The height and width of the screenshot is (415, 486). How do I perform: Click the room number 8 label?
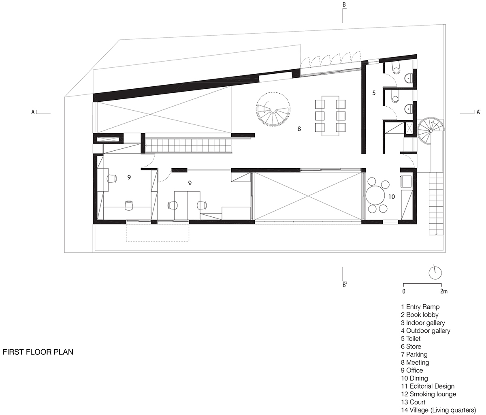click(x=299, y=129)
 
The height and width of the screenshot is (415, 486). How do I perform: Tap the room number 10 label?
click(x=392, y=197)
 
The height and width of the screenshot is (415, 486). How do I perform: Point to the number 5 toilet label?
click(x=374, y=93)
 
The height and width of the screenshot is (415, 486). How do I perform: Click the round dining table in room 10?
click(x=375, y=195)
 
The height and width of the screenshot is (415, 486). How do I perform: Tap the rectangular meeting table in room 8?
click(x=330, y=116)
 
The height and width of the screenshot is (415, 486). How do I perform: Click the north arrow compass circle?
click(x=435, y=273)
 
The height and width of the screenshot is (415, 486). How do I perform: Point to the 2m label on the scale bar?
click(x=444, y=291)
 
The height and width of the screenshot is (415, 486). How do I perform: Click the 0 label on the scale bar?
click(x=404, y=291)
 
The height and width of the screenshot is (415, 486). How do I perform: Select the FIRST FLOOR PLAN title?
click(x=38, y=352)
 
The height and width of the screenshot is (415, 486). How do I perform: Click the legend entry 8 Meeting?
click(x=415, y=362)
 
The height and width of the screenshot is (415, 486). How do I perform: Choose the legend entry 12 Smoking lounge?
click(x=428, y=394)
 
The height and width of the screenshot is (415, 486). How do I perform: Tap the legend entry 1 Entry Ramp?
click(x=420, y=307)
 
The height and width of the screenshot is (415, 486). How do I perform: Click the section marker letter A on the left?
click(x=33, y=112)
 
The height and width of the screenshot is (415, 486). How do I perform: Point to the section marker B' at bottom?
click(x=345, y=285)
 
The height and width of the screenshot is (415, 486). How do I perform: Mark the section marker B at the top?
click(x=344, y=4)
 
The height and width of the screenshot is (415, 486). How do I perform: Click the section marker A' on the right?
click(x=478, y=112)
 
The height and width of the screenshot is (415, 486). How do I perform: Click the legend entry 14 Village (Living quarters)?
click(x=439, y=410)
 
